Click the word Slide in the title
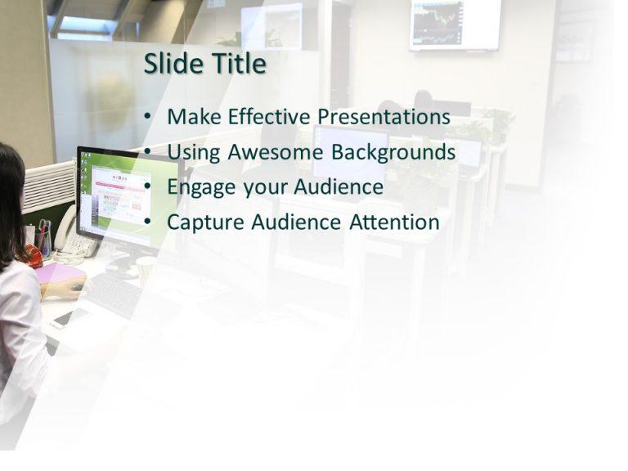pos(173,64)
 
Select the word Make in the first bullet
pos(195,117)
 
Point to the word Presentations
pos(384,117)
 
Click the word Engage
pos(198,188)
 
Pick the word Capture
pos(204,222)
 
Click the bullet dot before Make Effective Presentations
pos(147,118)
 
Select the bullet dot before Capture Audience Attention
pos(147,222)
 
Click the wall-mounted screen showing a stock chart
pos(455,25)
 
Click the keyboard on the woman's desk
pos(119,295)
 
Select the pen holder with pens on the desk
pos(44,239)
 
